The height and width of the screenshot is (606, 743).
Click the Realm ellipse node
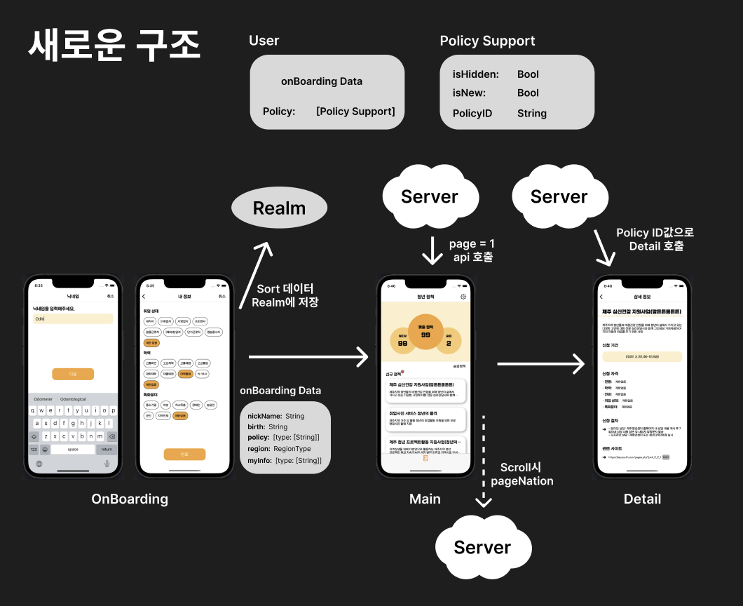279,208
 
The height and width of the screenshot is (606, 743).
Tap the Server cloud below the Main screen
482,548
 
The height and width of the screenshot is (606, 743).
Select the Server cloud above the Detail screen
559,197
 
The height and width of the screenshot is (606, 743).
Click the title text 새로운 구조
114,45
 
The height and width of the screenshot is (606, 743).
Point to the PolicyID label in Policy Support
472,113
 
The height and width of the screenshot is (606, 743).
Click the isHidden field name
475,74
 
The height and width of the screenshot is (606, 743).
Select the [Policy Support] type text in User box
355,112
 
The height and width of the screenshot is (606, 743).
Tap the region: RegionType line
279,448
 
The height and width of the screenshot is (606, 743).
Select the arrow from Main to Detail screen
540,363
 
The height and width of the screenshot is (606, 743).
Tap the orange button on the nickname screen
73,374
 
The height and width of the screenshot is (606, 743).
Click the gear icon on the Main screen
463,297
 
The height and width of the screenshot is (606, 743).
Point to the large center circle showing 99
425,334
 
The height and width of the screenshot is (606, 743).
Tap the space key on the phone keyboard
73,449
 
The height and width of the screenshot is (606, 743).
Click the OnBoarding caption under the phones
130,499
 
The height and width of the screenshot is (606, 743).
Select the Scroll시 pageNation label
522,474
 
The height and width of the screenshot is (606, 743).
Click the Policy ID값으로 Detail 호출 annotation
655,239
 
